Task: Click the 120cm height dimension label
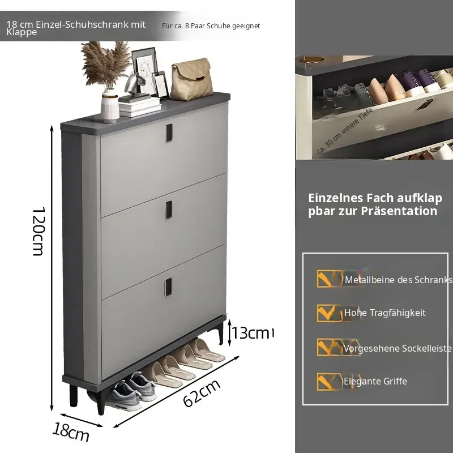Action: click(39, 231)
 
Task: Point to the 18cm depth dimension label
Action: click(71, 431)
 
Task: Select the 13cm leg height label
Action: click(252, 333)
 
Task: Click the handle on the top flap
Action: click(169, 133)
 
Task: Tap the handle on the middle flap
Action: click(169, 210)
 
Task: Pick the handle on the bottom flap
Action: click(168, 287)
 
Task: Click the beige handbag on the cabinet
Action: click(191, 80)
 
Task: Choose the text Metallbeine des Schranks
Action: click(399, 280)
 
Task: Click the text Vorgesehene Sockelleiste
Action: click(398, 348)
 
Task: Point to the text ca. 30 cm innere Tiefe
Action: click(345, 131)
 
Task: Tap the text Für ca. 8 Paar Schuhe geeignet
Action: click(211, 26)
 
